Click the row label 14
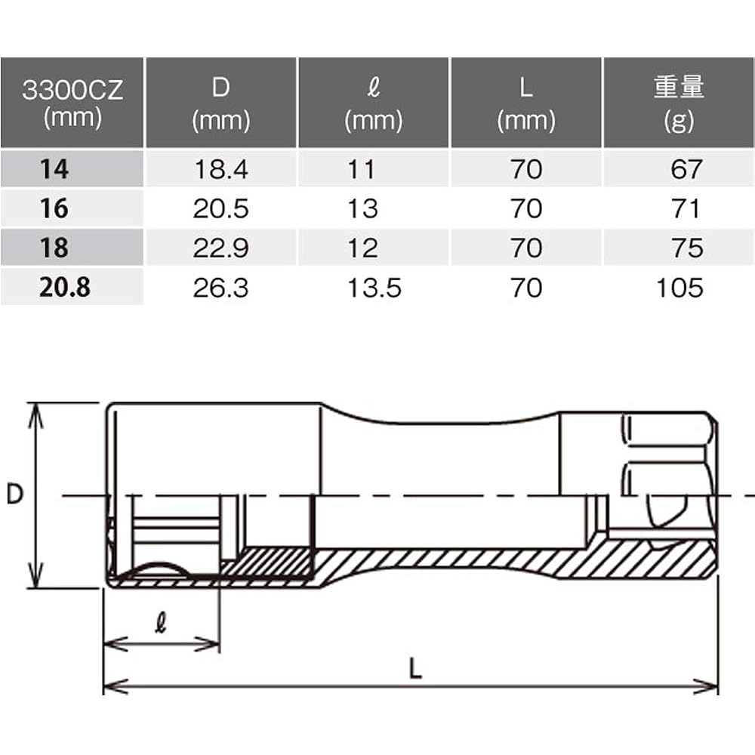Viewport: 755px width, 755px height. point(54,169)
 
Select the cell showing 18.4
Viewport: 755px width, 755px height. point(220,169)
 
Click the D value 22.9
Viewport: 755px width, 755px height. point(220,248)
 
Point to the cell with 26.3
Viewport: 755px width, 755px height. point(220,288)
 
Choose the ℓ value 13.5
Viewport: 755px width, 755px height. point(374,288)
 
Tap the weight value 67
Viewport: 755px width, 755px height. point(686,169)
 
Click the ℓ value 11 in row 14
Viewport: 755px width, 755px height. point(362,169)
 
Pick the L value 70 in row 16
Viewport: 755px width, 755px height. point(525,208)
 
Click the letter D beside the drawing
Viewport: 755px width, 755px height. point(15,495)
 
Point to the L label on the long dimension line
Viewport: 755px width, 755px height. point(414,668)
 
